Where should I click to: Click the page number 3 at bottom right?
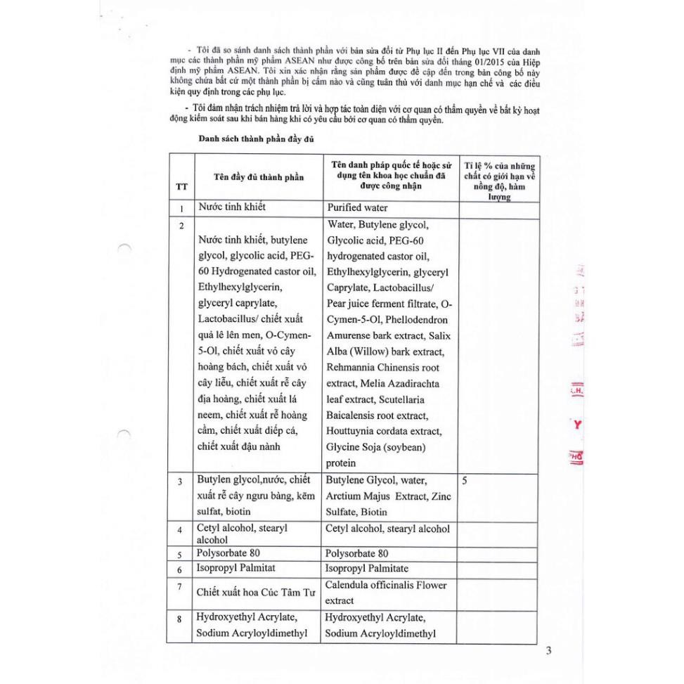pos(548,650)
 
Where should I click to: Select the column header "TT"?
pos(181,187)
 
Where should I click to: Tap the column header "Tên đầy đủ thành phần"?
pos(259,177)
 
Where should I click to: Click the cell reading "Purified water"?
pos(357,208)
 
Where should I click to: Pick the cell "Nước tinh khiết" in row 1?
pos(233,208)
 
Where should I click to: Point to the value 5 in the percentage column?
pos(465,482)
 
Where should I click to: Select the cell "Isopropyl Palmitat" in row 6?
pos(238,568)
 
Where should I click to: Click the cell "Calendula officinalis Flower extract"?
pos(386,593)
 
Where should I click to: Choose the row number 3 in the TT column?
pos(181,482)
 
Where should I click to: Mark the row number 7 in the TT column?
pos(181,586)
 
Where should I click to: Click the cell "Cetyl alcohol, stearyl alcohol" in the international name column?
pos(387,529)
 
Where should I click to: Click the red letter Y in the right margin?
pos(577,424)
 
